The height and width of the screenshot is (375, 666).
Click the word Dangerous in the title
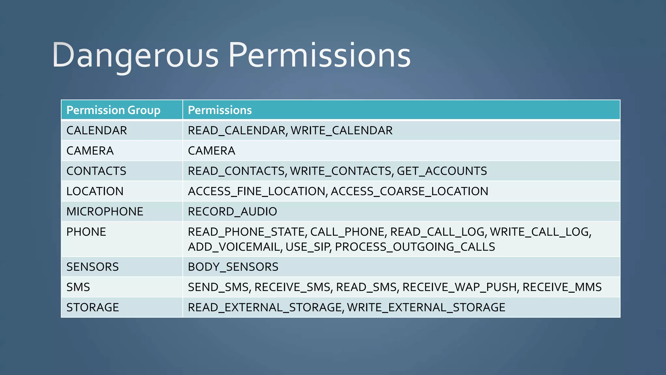coord(135,55)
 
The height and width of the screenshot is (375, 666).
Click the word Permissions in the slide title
coord(319,55)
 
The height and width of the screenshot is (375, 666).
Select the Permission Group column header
coord(113,110)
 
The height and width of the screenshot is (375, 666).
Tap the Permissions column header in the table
coord(220,110)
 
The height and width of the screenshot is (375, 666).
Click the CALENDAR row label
coord(97,131)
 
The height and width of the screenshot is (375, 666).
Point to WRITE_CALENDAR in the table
coord(341,131)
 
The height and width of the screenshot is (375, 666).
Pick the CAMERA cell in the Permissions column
coord(211,151)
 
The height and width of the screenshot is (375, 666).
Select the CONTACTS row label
coord(96,171)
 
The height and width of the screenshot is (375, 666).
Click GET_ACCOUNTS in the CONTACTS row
coord(442,171)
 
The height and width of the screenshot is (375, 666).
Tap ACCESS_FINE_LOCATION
coord(257,191)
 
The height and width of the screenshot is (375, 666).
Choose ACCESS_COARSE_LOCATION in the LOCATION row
coord(409,191)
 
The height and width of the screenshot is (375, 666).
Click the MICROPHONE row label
coord(105,212)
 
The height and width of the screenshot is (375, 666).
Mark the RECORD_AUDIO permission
coord(232,212)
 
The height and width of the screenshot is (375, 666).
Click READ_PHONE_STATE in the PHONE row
coord(246,232)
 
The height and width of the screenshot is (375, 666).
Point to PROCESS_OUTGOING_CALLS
coord(415,247)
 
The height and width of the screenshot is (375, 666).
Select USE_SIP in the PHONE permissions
coord(308,247)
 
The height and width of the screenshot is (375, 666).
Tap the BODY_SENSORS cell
coord(233,267)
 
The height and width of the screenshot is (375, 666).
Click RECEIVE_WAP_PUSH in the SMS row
coord(460,287)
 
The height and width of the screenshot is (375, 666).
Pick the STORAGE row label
coord(93,307)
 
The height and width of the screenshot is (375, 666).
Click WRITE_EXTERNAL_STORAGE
coord(426,307)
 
